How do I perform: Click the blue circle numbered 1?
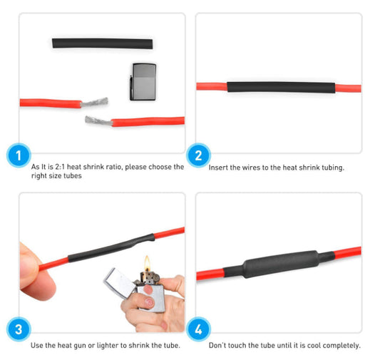coord(19,155)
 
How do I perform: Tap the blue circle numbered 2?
coord(197,155)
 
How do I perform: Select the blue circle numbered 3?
coord(19,330)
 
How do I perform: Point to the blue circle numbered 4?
coord(197,331)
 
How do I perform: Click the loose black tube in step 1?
coord(102,43)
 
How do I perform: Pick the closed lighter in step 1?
coord(143,81)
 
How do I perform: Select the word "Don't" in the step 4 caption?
coord(218,346)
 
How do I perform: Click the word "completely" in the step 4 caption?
coord(341,346)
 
